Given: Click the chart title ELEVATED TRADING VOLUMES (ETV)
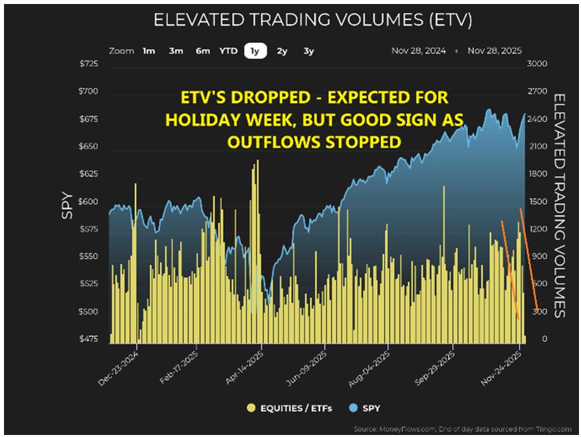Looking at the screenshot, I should pyautogui.click(x=313, y=20).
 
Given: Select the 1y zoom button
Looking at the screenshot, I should pyautogui.click(x=255, y=51).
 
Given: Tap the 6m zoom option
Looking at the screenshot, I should pyautogui.click(x=203, y=51).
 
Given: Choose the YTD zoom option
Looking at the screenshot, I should pyautogui.click(x=228, y=51).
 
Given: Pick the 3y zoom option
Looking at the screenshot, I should pyautogui.click(x=308, y=51).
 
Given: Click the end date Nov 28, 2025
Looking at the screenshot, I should pyautogui.click(x=495, y=51).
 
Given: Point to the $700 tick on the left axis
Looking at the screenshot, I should pyautogui.click(x=88, y=91).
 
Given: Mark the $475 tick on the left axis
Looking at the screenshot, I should pyautogui.click(x=88, y=339).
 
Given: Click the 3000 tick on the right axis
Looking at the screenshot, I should pyautogui.click(x=538, y=64).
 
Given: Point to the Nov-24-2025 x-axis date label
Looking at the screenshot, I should pyautogui.click(x=503, y=368).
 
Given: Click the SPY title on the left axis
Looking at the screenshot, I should pyautogui.click(x=67, y=201).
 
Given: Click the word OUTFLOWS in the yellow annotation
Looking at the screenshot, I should pyautogui.click(x=262, y=142).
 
